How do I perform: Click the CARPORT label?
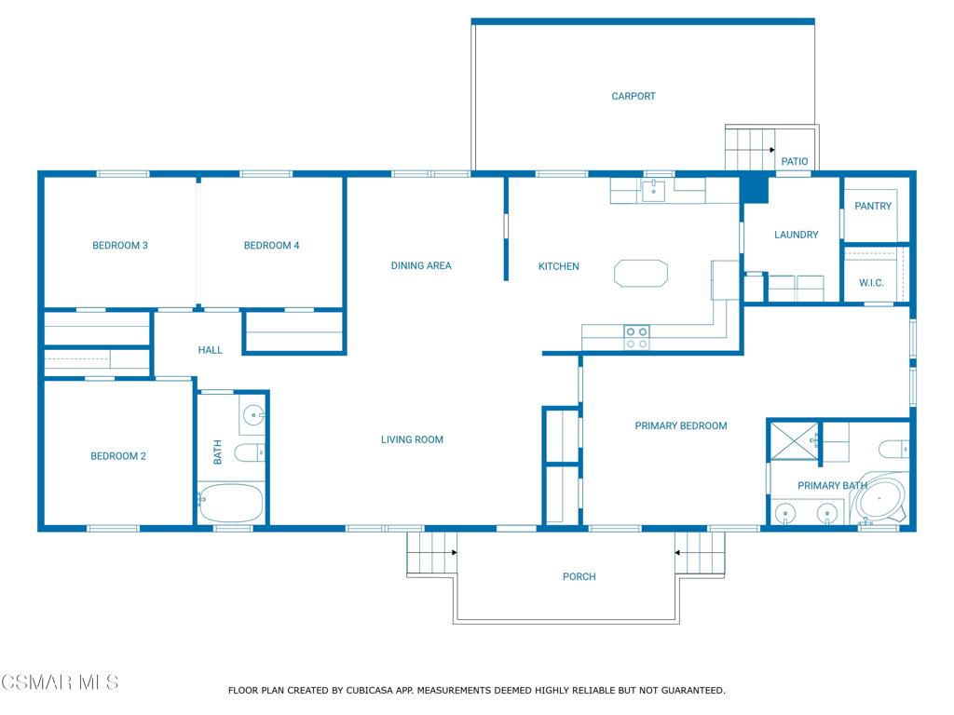[633, 96]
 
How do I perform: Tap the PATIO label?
[794, 162]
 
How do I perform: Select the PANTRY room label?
[873, 206]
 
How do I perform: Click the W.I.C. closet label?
[871, 283]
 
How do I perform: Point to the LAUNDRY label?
[796, 235]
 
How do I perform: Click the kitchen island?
[641, 274]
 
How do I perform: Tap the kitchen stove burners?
[636, 337]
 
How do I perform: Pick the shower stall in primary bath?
[793, 440]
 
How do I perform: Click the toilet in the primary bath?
[894, 450]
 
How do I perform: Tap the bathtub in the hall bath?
[230, 503]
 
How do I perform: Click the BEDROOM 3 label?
[119, 246]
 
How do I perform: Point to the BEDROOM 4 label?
[271, 246]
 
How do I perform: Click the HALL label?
[211, 350]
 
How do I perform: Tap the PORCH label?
[579, 577]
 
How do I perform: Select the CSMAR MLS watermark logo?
[60, 683]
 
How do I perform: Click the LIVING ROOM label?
[412, 439]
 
